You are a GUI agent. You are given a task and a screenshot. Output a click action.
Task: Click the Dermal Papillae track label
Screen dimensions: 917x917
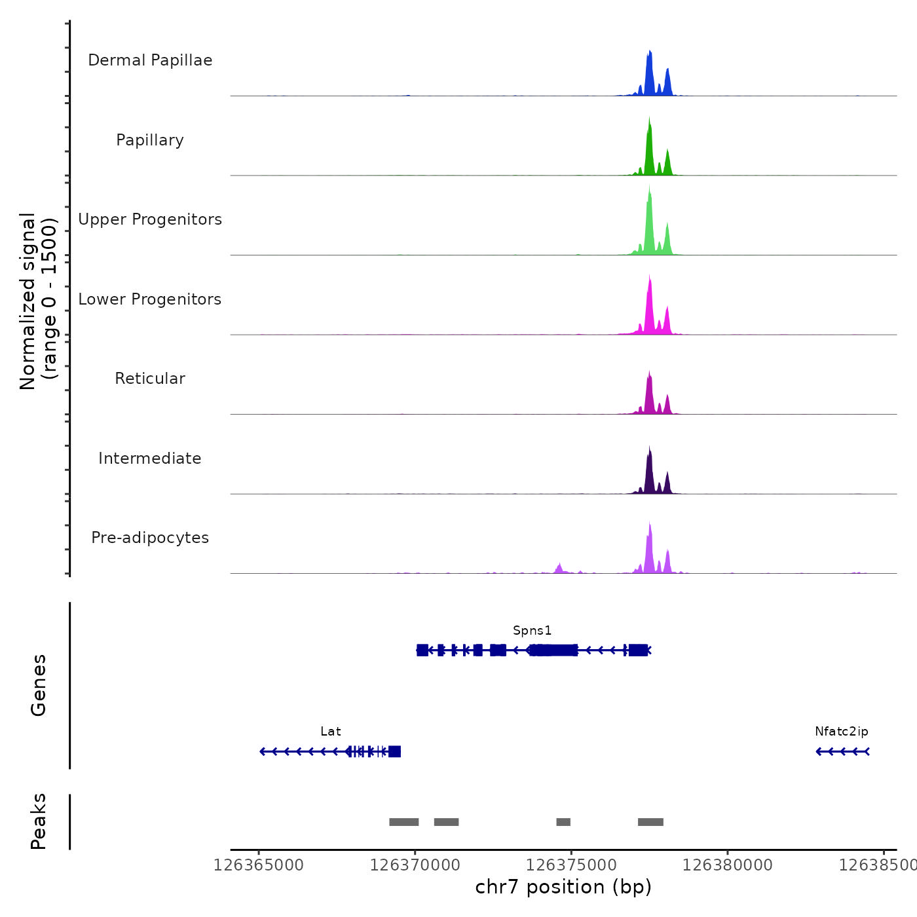(x=150, y=60)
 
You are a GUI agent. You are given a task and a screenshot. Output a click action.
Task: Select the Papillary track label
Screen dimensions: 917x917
(x=150, y=140)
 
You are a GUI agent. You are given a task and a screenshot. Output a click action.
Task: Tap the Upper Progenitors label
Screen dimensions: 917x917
(x=150, y=219)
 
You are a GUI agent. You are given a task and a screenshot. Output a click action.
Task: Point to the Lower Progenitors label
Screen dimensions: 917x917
(x=150, y=299)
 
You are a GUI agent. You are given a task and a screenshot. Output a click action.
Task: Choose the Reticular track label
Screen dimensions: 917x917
(x=150, y=379)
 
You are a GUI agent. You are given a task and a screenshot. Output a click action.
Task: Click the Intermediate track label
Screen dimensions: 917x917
(x=150, y=458)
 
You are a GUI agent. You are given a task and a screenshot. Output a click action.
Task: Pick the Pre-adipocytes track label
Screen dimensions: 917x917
(x=150, y=538)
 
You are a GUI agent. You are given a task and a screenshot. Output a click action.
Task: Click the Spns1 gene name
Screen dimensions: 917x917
(x=532, y=631)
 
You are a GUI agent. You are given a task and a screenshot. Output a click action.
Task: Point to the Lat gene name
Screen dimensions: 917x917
(x=331, y=732)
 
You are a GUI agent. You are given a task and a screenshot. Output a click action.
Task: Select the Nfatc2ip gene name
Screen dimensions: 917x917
(x=842, y=732)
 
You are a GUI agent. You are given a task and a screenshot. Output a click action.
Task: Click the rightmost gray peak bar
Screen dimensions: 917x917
(x=650, y=822)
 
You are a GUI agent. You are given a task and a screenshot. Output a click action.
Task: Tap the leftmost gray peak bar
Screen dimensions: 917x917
(x=403, y=822)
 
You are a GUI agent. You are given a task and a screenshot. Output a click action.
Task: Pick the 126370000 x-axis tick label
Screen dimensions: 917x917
(x=415, y=865)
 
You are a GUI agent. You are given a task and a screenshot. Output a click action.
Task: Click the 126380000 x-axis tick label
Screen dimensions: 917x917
(x=727, y=865)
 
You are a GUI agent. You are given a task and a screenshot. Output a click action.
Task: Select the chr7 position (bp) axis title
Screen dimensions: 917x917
(x=563, y=887)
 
